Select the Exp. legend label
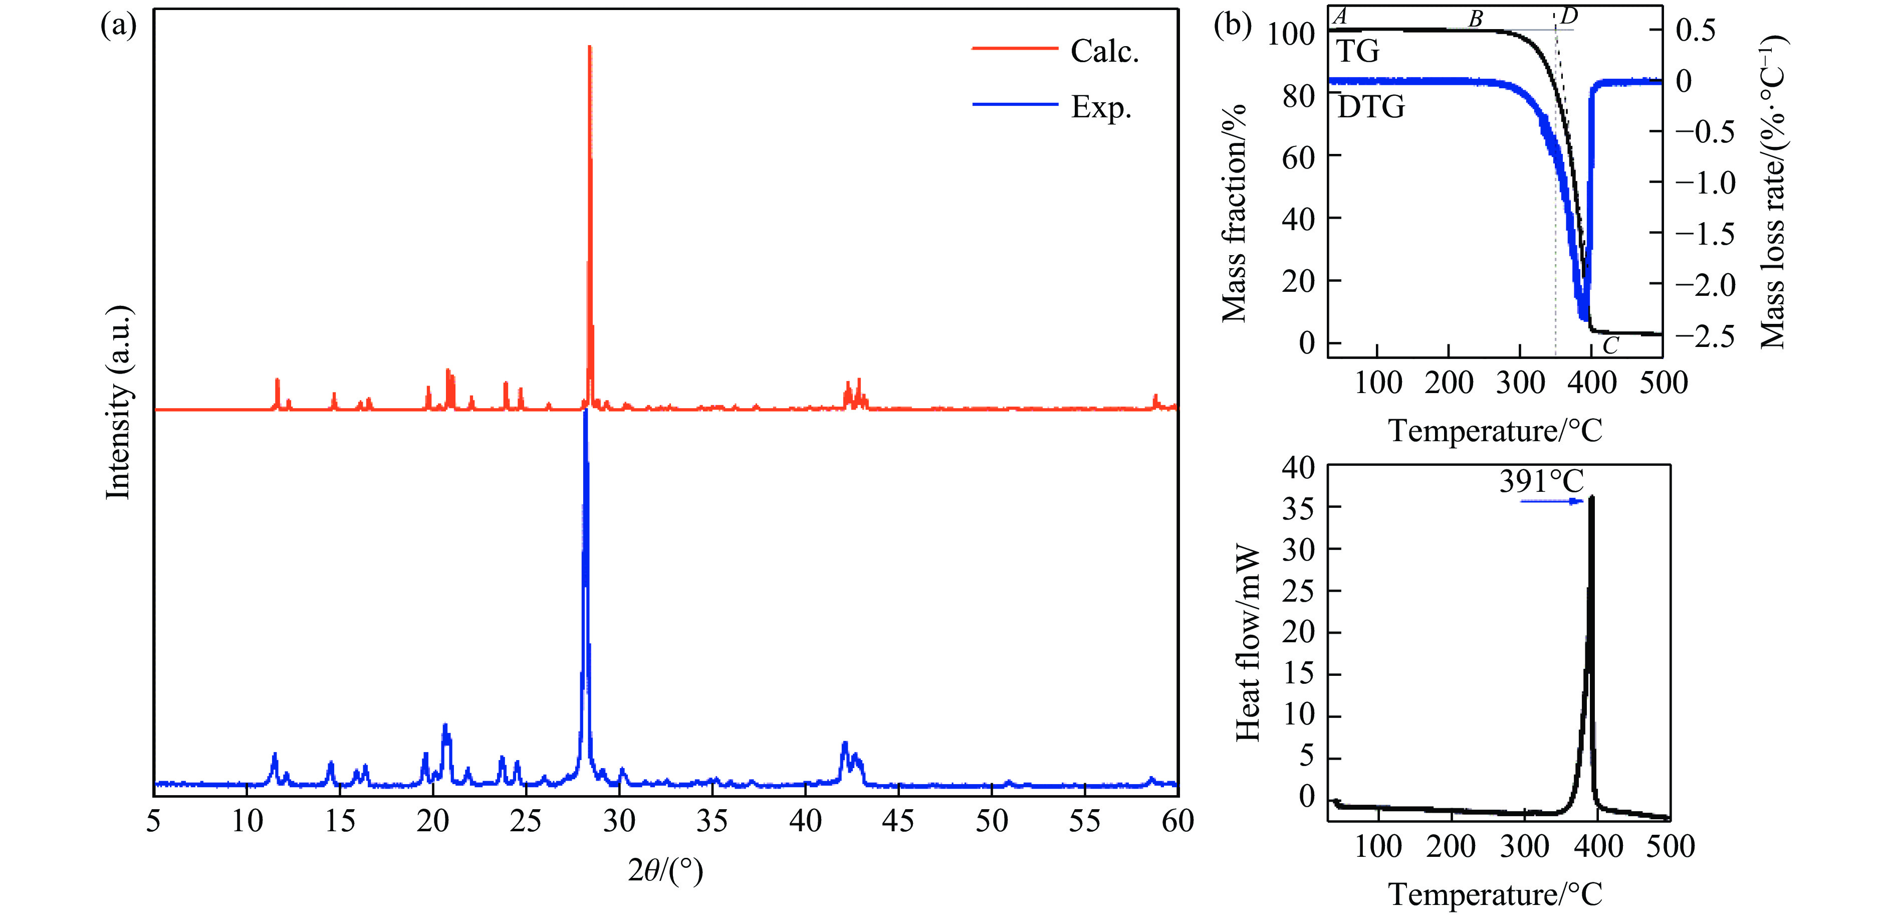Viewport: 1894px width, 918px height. click(1101, 107)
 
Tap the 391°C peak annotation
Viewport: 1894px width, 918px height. click(1541, 482)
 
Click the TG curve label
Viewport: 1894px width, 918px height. click(1357, 52)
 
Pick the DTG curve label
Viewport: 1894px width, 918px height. click(1370, 107)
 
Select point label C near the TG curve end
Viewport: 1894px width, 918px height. click(1610, 345)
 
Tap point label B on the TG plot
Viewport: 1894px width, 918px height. click(1476, 19)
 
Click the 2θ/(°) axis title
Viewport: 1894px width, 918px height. click(665, 871)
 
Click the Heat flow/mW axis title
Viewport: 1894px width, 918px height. click(1248, 642)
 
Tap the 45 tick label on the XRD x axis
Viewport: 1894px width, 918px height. click(898, 821)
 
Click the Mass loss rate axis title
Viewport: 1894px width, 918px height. click(1773, 193)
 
